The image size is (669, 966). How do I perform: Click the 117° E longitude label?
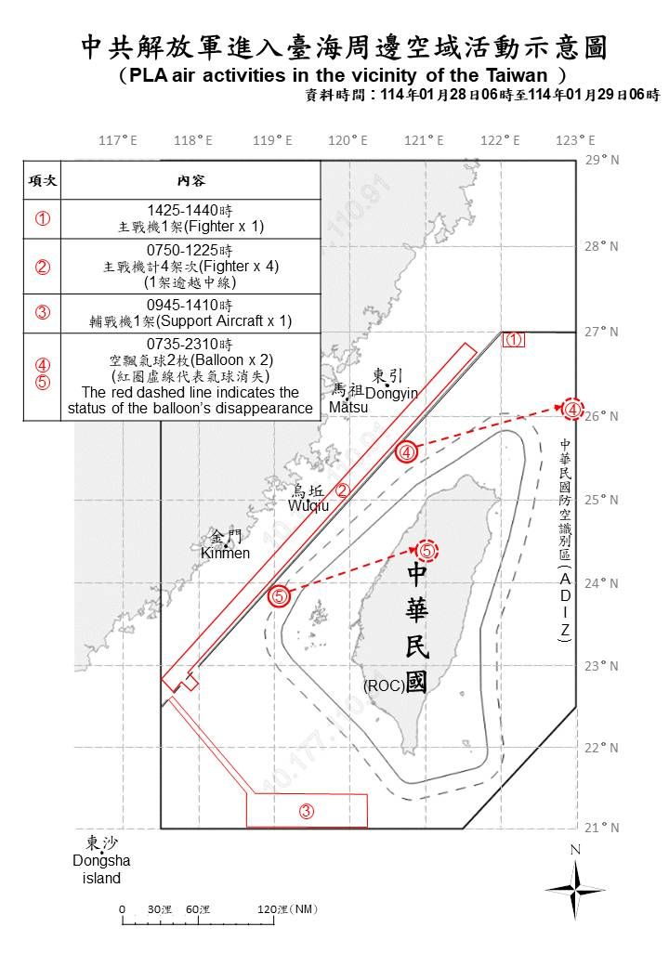(x=118, y=140)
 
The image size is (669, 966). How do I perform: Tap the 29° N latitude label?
(x=603, y=161)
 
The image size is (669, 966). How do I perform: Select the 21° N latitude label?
(x=603, y=828)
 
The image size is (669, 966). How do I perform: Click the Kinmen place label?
(x=226, y=554)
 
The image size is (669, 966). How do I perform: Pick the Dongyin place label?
(x=391, y=393)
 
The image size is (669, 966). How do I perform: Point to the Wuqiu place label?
(x=308, y=505)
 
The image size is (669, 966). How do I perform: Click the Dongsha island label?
(x=97, y=861)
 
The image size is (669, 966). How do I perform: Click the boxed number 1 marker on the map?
(x=514, y=340)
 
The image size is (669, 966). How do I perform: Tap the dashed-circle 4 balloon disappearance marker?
(x=573, y=409)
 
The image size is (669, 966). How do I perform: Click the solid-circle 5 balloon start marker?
(x=280, y=596)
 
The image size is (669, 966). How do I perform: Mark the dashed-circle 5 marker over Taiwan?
(x=426, y=551)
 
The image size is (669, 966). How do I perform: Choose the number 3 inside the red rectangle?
(x=306, y=811)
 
